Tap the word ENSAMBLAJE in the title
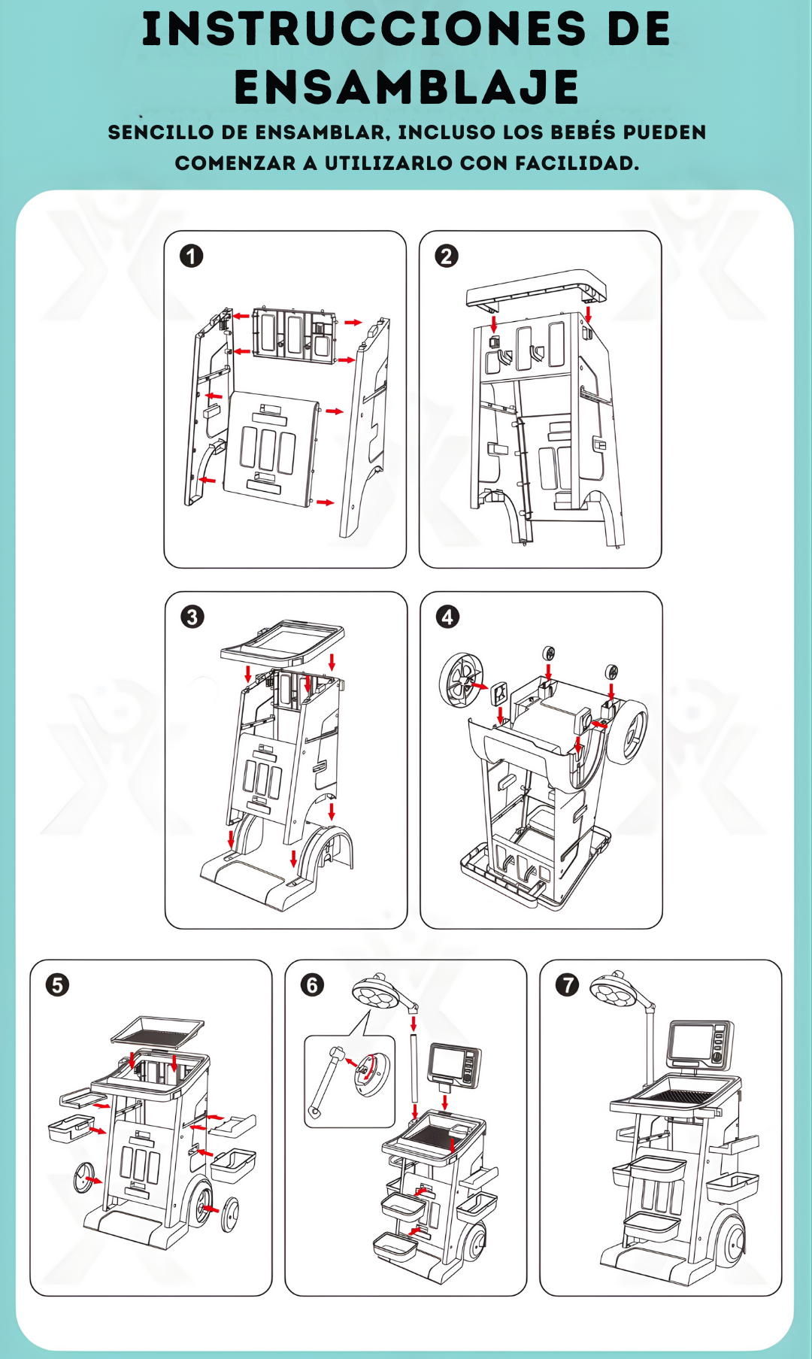pyautogui.click(x=407, y=87)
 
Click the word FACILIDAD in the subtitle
pyautogui.click(x=576, y=163)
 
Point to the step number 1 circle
pyautogui.click(x=191, y=256)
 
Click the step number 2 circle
pyautogui.click(x=447, y=256)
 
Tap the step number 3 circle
pyautogui.click(x=192, y=617)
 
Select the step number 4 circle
pyautogui.click(x=448, y=617)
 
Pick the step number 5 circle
pyautogui.click(x=57, y=985)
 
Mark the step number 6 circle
pyautogui.click(x=312, y=985)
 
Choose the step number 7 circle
pyautogui.click(x=568, y=985)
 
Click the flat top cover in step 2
pyautogui.click(x=535, y=287)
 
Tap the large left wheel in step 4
pyautogui.click(x=461, y=679)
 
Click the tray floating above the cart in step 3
pyautogui.click(x=282, y=641)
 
